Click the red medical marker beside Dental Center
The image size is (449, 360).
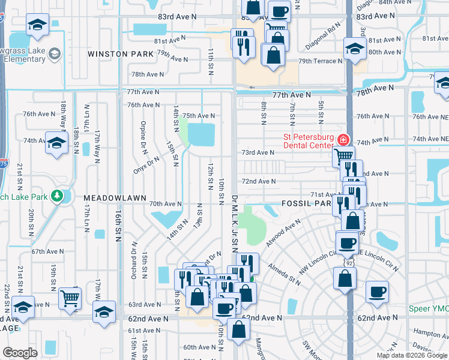point(343,140)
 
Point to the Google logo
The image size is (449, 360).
point(20,353)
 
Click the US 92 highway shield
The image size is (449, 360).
point(348,263)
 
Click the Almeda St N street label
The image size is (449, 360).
point(285,272)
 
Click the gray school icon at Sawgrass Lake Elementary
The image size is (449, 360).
point(54,55)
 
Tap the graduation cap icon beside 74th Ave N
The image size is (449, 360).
point(56,144)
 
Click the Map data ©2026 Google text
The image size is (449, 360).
point(412,355)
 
